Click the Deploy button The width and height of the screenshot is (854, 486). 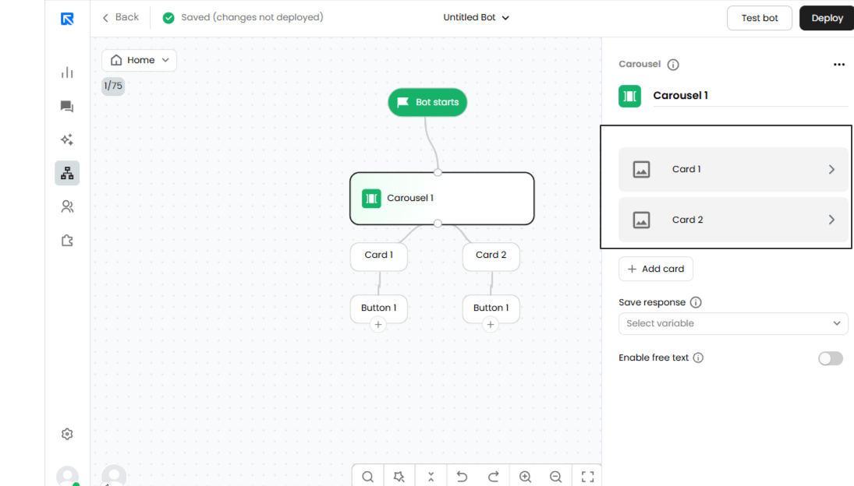coord(827,18)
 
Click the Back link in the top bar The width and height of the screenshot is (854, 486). coord(121,17)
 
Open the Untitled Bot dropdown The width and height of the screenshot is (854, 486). coord(476,17)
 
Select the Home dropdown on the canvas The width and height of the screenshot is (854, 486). coord(140,60)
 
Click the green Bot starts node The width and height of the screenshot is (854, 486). coord(427,102)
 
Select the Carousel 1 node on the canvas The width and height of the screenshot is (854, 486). coord(441,199)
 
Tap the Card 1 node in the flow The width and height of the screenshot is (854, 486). coord(378,255)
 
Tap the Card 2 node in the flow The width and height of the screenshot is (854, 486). coord(491,255)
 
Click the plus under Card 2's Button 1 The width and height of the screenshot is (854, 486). coord(491,325)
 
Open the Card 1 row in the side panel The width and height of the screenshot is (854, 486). coord(733,169)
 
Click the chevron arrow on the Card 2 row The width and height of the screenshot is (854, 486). coord(831,220)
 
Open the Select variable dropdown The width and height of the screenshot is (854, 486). coord(733,323)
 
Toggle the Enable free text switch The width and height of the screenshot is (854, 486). coord(831,358)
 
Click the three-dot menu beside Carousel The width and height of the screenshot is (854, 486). coord(838,65)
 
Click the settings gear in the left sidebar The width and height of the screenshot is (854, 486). coord(67,434)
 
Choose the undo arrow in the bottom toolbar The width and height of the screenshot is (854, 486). coord(462,477)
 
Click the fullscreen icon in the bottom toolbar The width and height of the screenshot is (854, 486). coord(588,477)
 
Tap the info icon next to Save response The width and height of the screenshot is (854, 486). coord(696,302)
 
